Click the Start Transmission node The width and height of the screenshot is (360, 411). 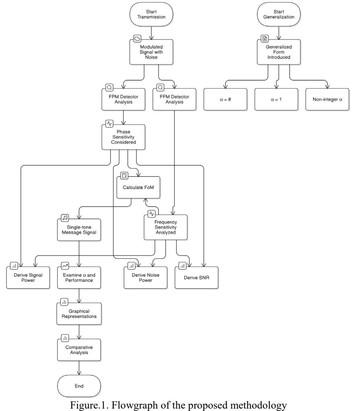[x=151, y=14]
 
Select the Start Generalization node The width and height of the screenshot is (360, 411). [x=279, y=14]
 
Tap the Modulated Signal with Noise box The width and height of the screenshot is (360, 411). [x=151, y=52]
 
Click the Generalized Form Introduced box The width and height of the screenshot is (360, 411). [x=279, y=52]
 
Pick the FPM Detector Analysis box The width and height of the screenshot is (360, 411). [x=123, y=99]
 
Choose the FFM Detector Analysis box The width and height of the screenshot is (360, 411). [x=174, y=99]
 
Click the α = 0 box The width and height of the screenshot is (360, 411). [x=225, y=99]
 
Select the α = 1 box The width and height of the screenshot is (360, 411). [x=276, y=99]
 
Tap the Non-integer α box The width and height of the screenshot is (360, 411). [x=327, y=99]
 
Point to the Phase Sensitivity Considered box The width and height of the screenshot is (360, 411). [x=123, y=137]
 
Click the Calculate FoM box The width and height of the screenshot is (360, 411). [x=138, y=188]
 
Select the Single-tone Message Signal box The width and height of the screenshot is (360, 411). [x=79, y=230]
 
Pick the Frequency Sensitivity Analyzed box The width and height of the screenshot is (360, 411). [x=166, y=227]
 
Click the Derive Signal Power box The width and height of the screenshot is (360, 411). [x=28, y=278]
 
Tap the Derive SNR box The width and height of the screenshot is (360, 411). [x=197, y=278]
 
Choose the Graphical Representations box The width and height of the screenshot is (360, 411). [x=79, y=314]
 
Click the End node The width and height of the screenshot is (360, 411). [x=79, y=386]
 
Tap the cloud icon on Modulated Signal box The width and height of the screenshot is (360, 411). [x=137, y=39]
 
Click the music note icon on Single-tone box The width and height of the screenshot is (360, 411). [x=65, y=218]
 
